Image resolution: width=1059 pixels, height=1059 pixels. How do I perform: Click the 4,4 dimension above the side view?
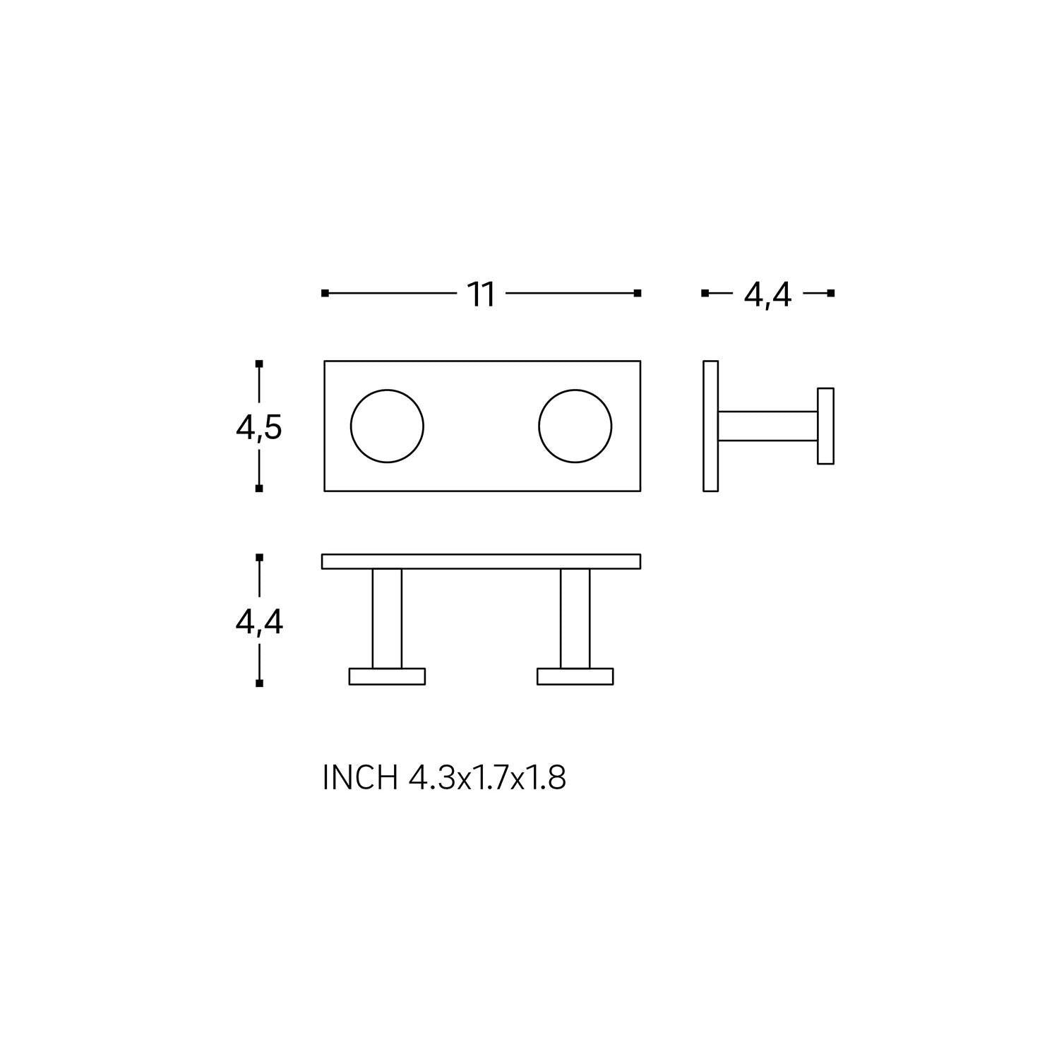767,294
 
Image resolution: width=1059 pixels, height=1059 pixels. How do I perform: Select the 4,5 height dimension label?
259,427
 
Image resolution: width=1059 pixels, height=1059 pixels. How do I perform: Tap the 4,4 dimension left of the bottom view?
259,622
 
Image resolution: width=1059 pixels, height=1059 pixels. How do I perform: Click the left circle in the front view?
387,426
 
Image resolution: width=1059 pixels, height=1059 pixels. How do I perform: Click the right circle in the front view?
575,426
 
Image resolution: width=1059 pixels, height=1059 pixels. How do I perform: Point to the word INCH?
359,778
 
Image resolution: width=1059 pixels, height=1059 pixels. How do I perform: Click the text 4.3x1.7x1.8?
487,778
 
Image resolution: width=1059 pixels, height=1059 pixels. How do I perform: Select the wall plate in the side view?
710,426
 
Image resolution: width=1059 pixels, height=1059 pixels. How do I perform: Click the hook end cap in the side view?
825,426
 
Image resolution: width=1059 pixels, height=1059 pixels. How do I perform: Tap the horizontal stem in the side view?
767,426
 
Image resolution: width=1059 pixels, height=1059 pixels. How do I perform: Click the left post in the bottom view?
387,618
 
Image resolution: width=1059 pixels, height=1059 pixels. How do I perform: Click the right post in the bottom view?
575,618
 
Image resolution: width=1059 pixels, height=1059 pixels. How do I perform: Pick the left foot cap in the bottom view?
387,676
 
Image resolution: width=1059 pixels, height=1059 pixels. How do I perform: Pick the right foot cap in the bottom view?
575,676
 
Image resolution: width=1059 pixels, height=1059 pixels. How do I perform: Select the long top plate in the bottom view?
481,561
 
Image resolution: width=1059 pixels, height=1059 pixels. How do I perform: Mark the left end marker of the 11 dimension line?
325,293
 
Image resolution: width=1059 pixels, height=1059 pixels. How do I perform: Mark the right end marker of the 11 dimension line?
638,293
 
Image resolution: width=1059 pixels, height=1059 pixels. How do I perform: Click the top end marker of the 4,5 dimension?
259,364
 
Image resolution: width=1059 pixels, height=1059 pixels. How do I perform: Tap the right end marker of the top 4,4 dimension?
831,293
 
